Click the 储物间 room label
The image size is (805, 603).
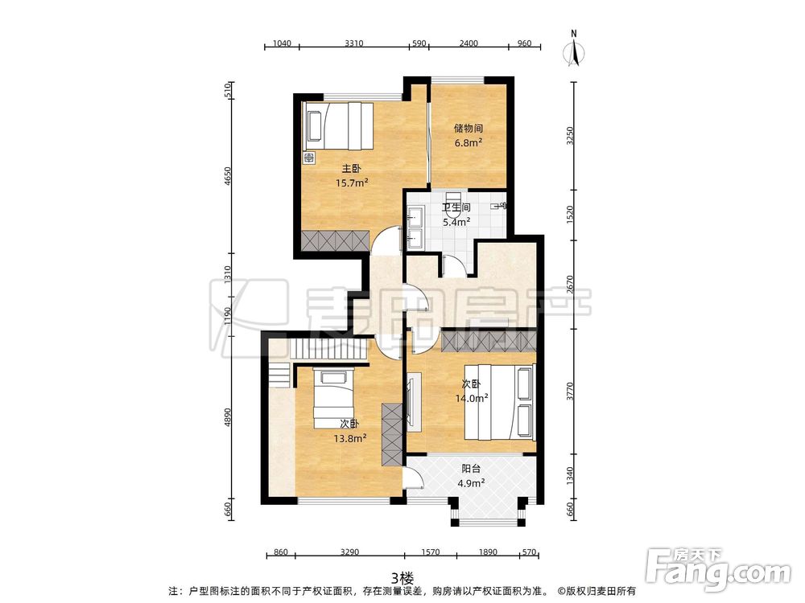tap(468, 128)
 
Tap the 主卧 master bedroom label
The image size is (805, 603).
tap(352, 168)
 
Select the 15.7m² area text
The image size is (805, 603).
tap(353, 183)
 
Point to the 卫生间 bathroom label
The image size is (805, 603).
tap(456, 207)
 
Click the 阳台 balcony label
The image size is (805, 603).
tap(471, 468)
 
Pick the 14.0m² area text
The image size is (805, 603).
tap(472, 397)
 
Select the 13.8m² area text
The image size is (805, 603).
tap(349, 438)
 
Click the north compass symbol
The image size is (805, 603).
tap(574, 50)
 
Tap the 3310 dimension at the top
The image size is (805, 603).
tap(353, 43)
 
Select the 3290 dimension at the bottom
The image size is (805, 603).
tap(349, 552)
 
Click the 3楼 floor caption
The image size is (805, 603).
tap(402, 578)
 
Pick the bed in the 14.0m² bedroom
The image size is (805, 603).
tap(500, 402)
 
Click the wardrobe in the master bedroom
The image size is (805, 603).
tap(335, 240)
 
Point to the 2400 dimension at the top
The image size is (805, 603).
tap(469, 43)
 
